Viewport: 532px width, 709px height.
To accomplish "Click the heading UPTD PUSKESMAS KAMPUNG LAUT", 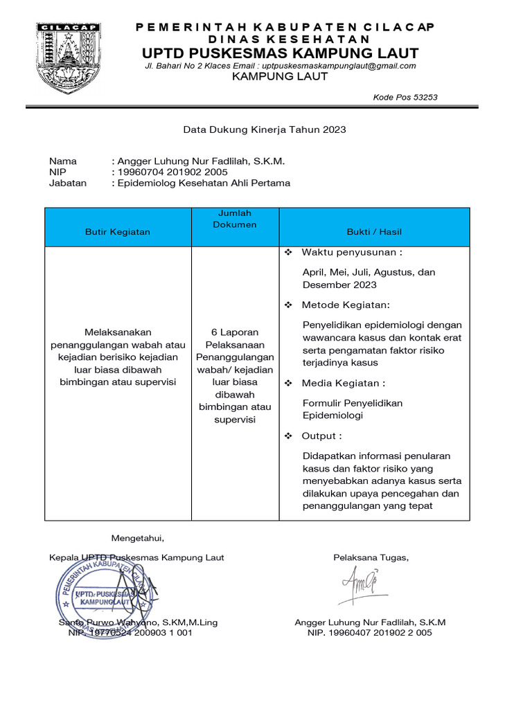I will click(280, 53).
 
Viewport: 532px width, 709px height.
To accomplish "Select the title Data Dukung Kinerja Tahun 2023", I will click(264, 129).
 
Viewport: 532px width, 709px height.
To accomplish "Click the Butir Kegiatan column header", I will click(117, 232).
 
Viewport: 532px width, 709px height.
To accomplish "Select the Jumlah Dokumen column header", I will click(235, 219).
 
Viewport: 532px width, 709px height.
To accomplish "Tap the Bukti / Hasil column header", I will click(374, 232).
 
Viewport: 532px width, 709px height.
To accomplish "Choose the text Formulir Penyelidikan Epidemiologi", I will click(353, 409).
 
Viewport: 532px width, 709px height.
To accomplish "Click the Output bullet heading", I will click(321, 436).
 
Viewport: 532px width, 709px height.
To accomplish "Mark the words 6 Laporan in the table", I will click(235, 332).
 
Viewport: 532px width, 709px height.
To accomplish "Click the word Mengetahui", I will click(138, 538).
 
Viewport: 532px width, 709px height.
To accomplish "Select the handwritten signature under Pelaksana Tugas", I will click(360, 585).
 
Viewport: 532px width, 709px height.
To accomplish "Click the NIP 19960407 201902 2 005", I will click(370, 633).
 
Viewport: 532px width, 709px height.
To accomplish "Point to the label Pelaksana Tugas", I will click(371, 557).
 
